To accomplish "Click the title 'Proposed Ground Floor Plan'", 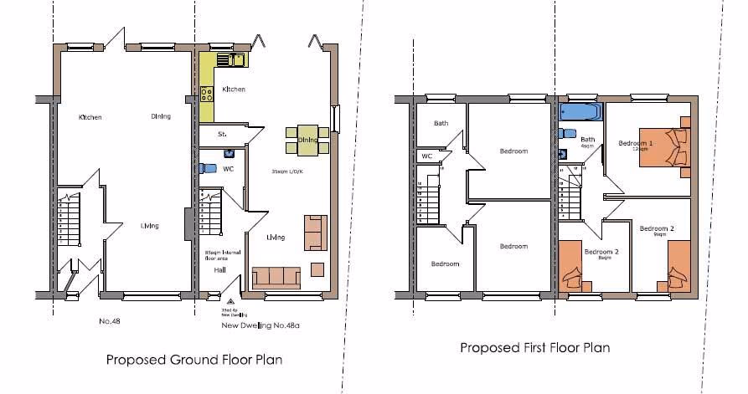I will (193, 361).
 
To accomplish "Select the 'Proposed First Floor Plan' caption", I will (534, 347).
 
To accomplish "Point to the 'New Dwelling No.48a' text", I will (260, 325).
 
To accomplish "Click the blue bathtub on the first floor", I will (580, 112).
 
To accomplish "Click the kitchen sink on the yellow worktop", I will (230, 59).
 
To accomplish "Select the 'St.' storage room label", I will (223, 134).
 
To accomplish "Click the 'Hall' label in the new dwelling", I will (219, 270).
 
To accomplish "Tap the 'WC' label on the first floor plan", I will (426, 156).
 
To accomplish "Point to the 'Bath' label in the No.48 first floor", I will (441, 124).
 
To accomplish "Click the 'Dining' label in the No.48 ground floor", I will (162, 116).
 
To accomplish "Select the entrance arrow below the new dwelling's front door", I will (232, 300).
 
